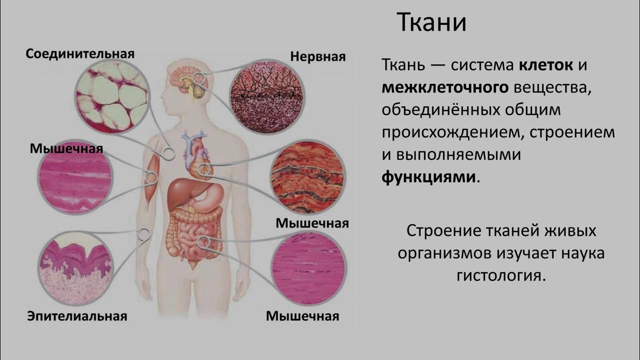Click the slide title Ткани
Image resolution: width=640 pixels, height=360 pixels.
pyautogui.click(x=431, y=23)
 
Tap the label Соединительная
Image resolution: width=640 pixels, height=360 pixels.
pyautogui.click(x=80, y=53)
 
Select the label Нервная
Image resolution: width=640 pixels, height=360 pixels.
pyautogui.click(x=318, y=57)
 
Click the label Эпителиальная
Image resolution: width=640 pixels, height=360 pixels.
pyautogui.click(x=77, y=316)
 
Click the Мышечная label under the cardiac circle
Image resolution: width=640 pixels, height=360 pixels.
pyautogui.click(x=312, y=223)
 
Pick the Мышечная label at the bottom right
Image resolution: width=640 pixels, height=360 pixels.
pyautogui.click(x=302, y=316)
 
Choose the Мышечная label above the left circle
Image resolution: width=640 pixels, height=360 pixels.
pyautogui.click(x=66, y=148)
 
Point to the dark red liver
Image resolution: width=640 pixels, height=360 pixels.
pyautogui.click(x=181, y=192)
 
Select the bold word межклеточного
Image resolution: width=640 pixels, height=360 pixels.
pyautogui.click(x=445, y=88)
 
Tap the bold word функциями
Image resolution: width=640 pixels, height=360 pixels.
pyautogui.click(x=428, y=177)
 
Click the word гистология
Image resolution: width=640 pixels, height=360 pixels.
pyautogui.click(x=500, y=275)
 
